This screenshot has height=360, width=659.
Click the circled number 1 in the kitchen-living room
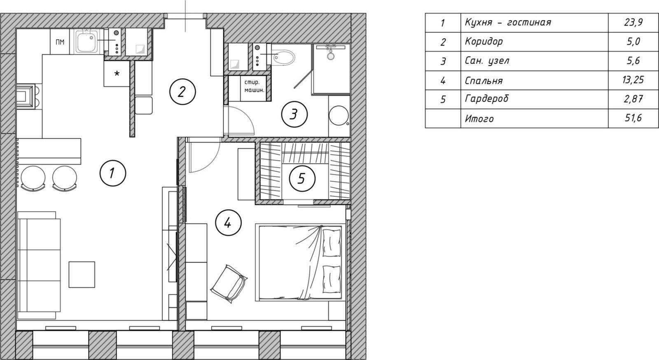coord(113,173)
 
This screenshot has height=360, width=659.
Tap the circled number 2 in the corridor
coord(182,92)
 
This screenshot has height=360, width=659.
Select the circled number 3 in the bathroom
coord(294,114)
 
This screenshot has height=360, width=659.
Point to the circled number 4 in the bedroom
coord(228,223)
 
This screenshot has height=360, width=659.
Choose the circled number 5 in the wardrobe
coord(302,178)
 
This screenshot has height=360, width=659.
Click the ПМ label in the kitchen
coord(60,42)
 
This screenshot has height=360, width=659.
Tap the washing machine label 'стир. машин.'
coord(255,86)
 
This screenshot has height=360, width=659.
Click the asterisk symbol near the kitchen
coord(117,73)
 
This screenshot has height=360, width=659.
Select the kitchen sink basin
coord(88,42)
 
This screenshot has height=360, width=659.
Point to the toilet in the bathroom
coord(283,58)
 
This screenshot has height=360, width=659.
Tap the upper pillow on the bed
coord(332,243)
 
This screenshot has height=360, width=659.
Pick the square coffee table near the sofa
coord(82,274)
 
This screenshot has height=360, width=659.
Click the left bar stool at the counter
coord(33,178)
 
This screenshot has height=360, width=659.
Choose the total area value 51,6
coord(633,118)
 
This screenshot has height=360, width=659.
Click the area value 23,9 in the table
coord(633,22)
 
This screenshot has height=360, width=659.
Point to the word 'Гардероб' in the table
coord(486,99)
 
